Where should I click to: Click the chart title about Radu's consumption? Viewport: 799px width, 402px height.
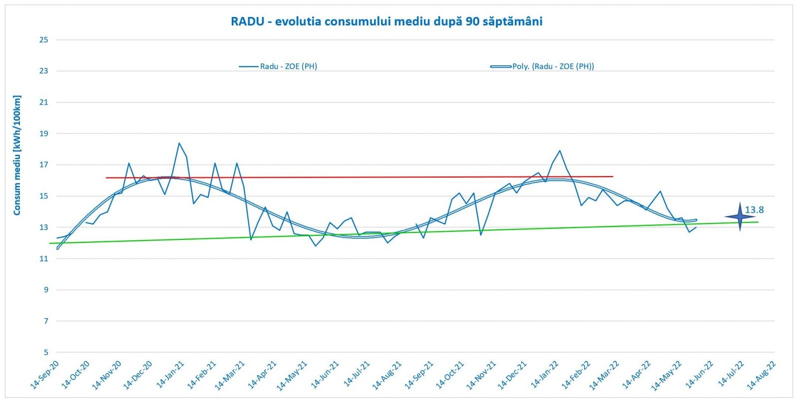point(386,21)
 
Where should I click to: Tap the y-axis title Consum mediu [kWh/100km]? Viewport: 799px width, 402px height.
point(17,155)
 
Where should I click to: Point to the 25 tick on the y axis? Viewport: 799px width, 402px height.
point(44,40)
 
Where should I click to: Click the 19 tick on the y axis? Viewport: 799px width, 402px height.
point(44,134)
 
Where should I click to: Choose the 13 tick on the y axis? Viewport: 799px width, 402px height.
point(44,227)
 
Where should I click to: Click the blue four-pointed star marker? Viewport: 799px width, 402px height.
point(740,216)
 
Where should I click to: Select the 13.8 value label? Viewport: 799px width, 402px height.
point(755,210)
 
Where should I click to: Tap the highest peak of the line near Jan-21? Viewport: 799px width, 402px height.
point(179,143)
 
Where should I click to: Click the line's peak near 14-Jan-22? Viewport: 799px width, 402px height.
point(560,151)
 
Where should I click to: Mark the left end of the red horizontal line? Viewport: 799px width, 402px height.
point(106,178)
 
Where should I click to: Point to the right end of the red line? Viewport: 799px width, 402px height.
point(613,176)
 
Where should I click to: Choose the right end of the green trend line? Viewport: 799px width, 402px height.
point(758,222)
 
